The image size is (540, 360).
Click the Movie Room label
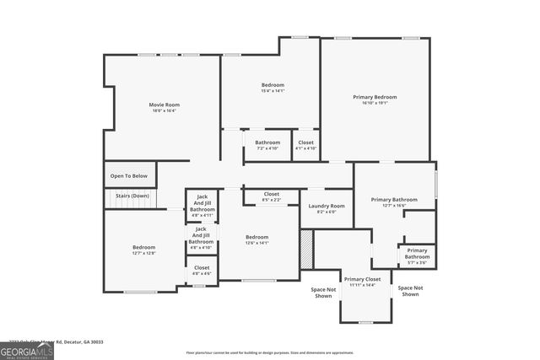click(165, 105)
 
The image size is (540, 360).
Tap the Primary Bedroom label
click(375, 97)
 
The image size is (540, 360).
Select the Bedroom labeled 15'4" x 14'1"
click(272, 85)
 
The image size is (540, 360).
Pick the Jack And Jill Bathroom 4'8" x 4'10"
click(202, 238)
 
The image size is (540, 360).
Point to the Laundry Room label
click(326, 207)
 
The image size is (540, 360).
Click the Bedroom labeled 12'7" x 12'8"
click(143, 249)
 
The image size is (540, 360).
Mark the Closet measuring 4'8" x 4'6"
click(202, 269)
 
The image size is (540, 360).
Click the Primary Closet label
click(361, 279)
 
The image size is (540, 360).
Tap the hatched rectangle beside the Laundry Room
click(306, 249)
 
